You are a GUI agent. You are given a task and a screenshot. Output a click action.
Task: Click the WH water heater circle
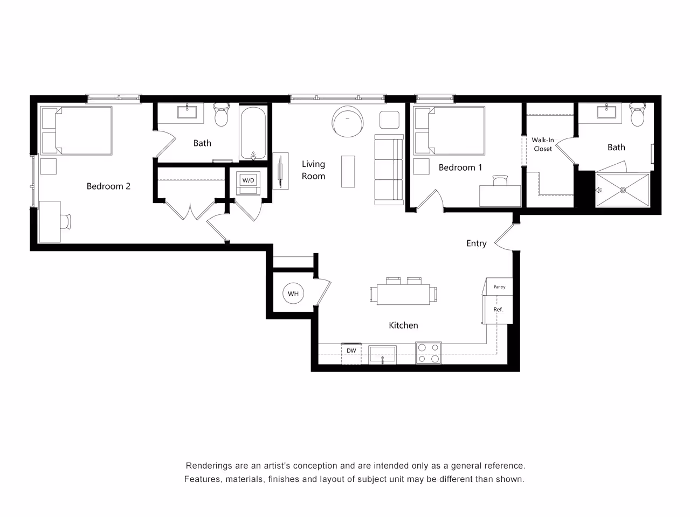pos(293,294)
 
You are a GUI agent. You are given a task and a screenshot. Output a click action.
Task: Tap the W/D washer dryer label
pos(248,180)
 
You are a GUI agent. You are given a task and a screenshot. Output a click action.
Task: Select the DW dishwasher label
pos(351,351)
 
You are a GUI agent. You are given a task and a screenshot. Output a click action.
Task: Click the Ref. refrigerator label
pos(498,310)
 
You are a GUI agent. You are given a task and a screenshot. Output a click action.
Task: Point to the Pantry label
pos(500,287)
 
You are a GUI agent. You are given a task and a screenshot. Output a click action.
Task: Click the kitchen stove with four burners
pos(429,353)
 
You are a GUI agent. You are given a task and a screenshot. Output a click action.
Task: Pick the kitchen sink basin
pos(382,354)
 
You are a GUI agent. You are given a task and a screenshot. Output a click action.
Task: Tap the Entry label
pos(476,243)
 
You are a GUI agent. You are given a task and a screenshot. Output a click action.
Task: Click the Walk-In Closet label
pos(543,144)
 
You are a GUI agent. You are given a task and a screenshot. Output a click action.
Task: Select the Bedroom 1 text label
pos(460,167)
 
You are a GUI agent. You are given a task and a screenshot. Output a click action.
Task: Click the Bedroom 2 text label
pos(108,186)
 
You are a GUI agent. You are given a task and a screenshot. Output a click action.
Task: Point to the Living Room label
pos(313,170)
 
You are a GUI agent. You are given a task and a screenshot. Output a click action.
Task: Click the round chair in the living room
pos(347,121)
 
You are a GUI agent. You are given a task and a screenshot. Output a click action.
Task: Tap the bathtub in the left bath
pos(253,134)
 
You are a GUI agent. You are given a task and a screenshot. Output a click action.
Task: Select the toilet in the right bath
pos(638,115)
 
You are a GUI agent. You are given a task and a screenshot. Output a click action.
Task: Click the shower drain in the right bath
pos(623,190)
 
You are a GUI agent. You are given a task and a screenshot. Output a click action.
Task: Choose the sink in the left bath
pos(187,112)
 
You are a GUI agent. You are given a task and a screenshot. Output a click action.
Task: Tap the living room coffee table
pos(348,171)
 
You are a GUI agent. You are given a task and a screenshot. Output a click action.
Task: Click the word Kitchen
pos(403,325)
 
